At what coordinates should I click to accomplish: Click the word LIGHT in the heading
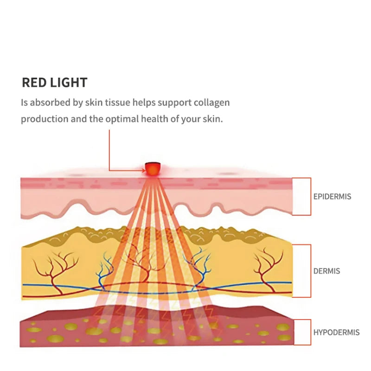[x=69, y=83]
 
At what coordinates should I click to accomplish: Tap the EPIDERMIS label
[x=332, y=197]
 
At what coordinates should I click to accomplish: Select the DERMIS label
[x=326, y=271]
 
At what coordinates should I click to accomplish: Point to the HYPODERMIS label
[x=337, y=333]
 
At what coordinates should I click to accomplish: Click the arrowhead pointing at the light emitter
[x=144, y=170]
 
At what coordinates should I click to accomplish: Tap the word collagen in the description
[x=212, y=102]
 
